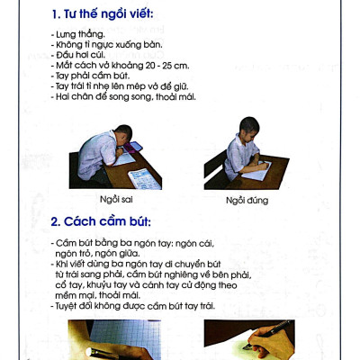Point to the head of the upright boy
tap(247, 127)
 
